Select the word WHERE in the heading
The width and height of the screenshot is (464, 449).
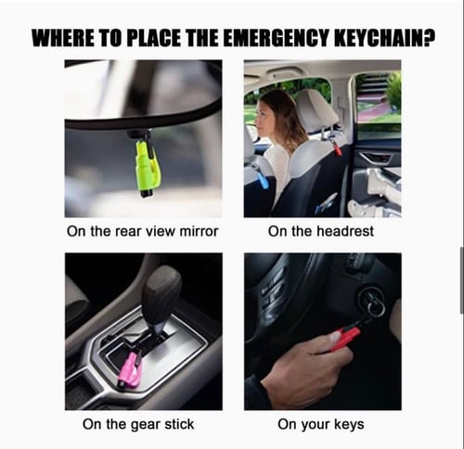coord(64,39)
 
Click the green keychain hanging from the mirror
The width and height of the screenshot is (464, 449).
coord(147,167)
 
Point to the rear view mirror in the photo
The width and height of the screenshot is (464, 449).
coord(139,107)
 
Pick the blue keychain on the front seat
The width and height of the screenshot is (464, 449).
coord(263,175)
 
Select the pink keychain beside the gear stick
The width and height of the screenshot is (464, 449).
coord(130,370)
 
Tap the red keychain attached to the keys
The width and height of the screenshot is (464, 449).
coord(344,338)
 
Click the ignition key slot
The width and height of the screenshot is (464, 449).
coord(372,301)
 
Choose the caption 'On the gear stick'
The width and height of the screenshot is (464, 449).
coord(138,425)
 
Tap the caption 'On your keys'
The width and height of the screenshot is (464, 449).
coord(320,425)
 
